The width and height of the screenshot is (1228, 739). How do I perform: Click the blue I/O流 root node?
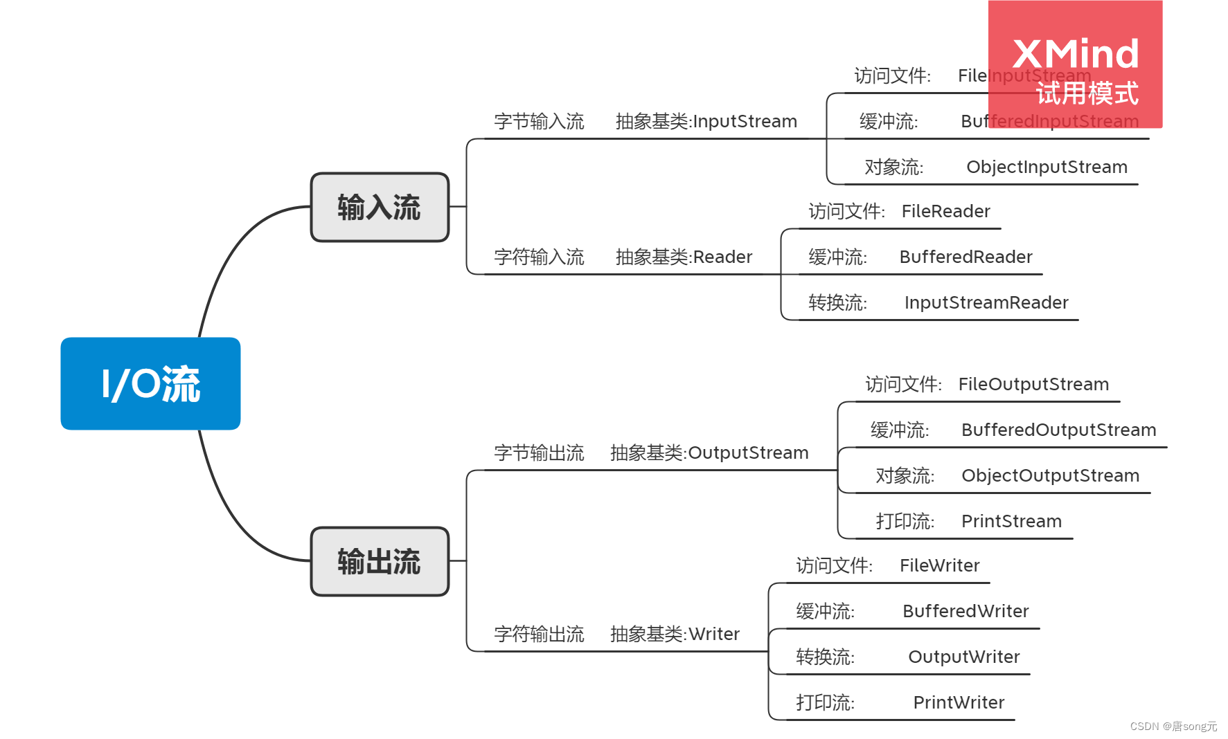(x=150, y=383)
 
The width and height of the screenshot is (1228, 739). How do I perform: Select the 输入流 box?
(x=380, y=208)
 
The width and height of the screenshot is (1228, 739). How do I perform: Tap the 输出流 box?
(x=380, y=561)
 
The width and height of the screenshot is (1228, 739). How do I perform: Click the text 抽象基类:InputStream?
(x=706, y=122)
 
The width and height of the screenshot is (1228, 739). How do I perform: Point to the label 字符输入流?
(x=539, y=257)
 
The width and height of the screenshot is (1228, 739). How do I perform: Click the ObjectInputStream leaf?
(x=1046, y=167)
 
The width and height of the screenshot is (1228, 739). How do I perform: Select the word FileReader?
(x=945, y=212)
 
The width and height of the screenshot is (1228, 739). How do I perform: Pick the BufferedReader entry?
(x=966, y=257)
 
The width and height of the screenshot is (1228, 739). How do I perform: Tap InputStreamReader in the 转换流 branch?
(x=986, y=303)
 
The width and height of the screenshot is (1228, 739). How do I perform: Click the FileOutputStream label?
(x=1033, y=385)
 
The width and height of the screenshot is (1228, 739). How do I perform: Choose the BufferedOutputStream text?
(x=1058, y=430)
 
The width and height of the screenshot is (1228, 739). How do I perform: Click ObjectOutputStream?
(x=1050, y=476)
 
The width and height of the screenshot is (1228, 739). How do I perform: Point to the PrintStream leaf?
(x=1011, y=522)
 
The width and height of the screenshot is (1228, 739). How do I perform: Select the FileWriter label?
(x=939, y=566)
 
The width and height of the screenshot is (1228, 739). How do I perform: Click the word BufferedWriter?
(x=966, y=612)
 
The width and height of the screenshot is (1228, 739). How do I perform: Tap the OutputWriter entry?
(x=963, y=657)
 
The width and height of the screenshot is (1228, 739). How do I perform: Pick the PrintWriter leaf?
(x=959, y=703)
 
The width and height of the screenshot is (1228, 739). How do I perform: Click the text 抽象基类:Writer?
(x=675, y=635)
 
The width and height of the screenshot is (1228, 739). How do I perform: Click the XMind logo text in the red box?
(x=1075, y=54)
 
